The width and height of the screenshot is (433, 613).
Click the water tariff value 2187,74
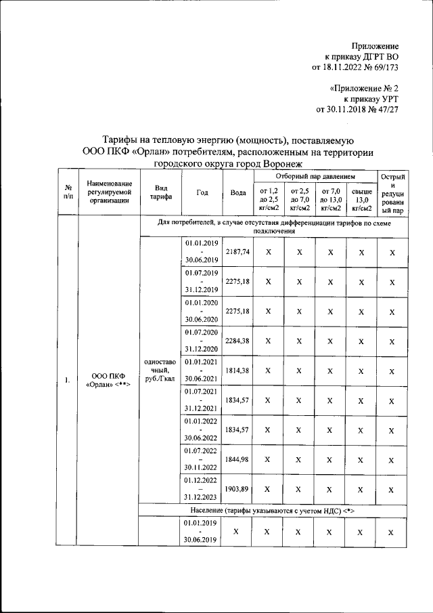coord(237,251)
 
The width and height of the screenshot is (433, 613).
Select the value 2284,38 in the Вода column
coord(237,341)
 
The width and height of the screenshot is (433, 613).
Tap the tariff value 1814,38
coord(237,371)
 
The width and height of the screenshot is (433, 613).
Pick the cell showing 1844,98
coord(237,460)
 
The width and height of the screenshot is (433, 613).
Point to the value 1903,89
coord(237,489)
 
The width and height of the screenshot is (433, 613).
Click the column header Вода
coord(237,192)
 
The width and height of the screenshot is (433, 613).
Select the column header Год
coord(202,192)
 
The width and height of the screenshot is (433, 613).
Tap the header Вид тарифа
coord(160,192)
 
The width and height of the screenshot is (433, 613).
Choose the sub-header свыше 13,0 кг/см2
coord(361,200)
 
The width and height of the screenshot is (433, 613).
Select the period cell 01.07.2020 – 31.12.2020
coord(202,341)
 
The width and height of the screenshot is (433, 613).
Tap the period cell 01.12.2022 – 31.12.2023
coord(202,489)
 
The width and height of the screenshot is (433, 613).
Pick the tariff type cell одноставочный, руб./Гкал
coord(160,371)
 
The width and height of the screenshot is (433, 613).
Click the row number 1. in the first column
coord(68,380)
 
